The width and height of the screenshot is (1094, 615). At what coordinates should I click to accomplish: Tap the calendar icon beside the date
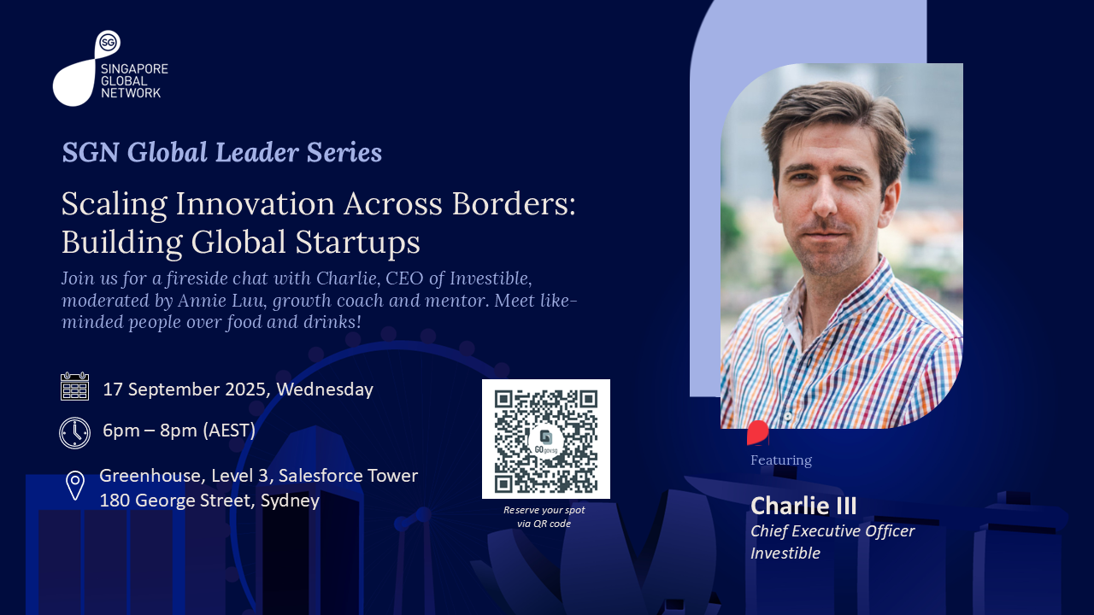(x=74, y=386)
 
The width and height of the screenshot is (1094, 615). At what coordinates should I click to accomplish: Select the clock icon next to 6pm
(x=74, y=432)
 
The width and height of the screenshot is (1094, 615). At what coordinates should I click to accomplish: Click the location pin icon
(x=74, y=486)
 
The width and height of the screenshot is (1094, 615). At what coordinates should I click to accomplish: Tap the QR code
(x=546, y=439)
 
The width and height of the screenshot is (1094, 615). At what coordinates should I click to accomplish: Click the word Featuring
(x=781, y=460)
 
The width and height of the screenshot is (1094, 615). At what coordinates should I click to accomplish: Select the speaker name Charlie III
(x=803, y=506)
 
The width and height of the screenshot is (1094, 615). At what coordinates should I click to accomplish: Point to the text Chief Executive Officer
(x=832, y=531)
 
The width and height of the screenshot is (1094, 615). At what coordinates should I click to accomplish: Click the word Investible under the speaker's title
(x=785, y=553)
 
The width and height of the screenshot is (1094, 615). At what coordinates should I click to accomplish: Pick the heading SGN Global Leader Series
(x=221, y=152)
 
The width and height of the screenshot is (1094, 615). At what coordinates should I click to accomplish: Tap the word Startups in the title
(x=357, y=243)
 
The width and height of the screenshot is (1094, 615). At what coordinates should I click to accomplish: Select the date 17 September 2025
(x=185, y=389)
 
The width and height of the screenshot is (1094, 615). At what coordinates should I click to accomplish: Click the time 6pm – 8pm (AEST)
(x=179, y=430)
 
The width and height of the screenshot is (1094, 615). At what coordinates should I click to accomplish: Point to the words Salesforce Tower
(x=348, y=476)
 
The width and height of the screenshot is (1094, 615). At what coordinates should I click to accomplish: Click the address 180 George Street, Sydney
(x=209, y=501)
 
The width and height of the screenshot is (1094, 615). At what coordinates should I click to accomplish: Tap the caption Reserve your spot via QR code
(x=544, y=517)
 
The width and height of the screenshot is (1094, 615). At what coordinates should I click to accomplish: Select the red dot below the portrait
(x=758, y=433)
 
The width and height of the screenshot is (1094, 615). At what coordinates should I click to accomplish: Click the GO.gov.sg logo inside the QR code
(x=546, y=441)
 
